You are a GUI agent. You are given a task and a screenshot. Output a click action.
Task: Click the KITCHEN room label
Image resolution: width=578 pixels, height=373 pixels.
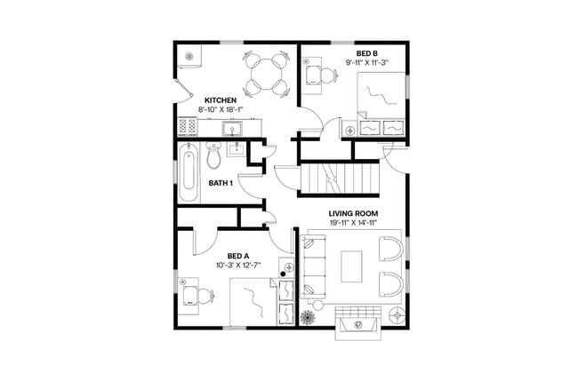(220, 99)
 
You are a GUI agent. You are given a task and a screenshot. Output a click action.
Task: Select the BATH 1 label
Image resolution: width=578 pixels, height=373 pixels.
(221, 183)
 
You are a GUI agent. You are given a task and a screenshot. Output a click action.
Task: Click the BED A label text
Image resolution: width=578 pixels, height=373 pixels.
(239, 255)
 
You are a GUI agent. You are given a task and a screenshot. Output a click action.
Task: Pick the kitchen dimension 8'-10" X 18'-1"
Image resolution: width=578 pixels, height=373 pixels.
(220, 110)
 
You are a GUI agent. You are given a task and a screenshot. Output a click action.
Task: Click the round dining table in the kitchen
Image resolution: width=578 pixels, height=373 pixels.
(265, 71)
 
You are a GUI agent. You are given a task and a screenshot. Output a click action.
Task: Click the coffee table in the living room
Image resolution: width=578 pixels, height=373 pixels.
(352, 267)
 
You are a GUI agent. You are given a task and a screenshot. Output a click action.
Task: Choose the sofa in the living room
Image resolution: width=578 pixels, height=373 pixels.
(312, 266)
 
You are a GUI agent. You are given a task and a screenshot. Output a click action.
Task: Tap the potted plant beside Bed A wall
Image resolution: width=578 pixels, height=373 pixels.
(309, 317)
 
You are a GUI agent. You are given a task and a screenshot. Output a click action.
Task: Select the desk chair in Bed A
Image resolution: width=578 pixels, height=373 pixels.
(205, 296)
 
